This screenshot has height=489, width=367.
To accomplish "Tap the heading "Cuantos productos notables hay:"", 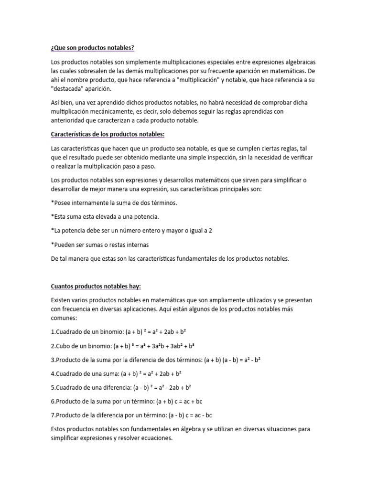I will point(96,286).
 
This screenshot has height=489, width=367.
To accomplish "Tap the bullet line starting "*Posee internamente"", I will point(108,202).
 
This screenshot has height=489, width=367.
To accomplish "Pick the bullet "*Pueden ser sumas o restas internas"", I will point(100,244).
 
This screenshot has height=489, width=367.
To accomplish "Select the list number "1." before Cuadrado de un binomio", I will point(53,331).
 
